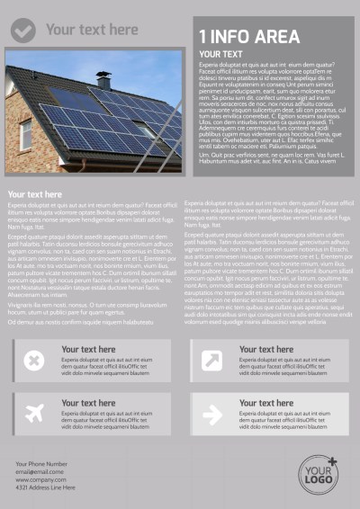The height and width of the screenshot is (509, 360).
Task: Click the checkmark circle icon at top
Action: click(x=23, y=31)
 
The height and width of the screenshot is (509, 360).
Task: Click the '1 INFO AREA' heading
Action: click(x=249, y=37)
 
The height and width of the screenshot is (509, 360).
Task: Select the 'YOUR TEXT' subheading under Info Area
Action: click(x=220, y=56)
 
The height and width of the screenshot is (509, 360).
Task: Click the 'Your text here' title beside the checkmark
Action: click(x=92, y=30)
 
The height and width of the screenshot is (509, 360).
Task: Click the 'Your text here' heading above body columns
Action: click(x=35, y=194)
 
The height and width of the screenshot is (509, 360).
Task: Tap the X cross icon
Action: click(x=33, y=361)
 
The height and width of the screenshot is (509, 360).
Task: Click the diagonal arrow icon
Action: click(x=212, y=361)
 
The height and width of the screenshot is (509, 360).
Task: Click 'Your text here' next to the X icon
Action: click(x=88, y=350)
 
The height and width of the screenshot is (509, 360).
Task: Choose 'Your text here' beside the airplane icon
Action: click(x=88, y=403)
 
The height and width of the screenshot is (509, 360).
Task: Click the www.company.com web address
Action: click(x=40, y=480)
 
